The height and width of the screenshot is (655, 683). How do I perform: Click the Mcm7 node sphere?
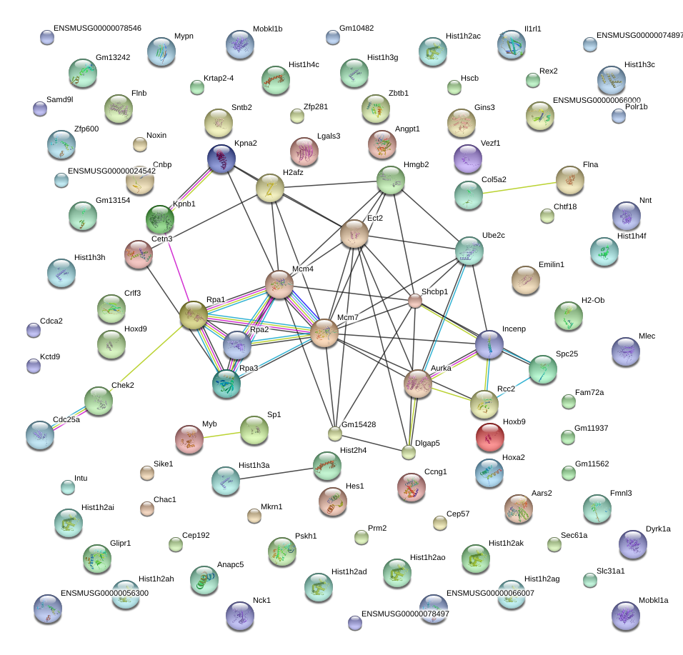[324, 334]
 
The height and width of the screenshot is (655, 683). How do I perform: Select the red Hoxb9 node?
[489, 437]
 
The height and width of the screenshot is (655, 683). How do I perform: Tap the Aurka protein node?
[418, 384]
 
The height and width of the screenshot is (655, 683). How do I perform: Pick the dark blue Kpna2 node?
[221, 159]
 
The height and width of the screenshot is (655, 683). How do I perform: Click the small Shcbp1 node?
[415, 301]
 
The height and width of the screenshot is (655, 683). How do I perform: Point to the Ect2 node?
[354, 234]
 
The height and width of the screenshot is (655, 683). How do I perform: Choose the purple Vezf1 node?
[468, 159]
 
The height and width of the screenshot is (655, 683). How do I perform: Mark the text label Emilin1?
[551, 264]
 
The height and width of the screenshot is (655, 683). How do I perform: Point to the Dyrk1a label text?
[658, 529]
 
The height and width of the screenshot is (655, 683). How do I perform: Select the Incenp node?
[489, 344]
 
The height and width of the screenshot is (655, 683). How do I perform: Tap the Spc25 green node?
[542, 369]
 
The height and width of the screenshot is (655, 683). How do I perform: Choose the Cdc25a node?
[39, 435]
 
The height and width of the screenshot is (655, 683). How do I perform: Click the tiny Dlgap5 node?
[409, 452]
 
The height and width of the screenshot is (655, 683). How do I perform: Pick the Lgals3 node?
[304, 151]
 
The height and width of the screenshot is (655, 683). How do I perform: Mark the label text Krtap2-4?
[219, 78]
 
